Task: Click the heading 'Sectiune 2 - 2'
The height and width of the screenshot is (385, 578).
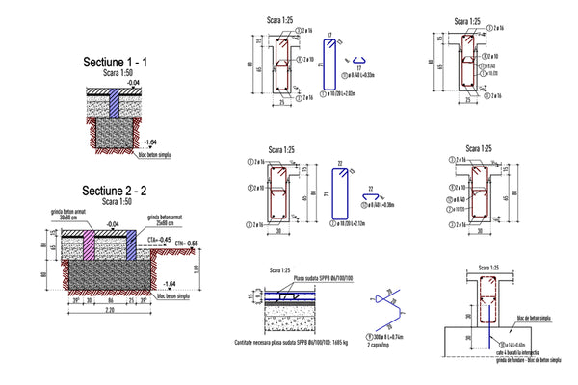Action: pos(115,191)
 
